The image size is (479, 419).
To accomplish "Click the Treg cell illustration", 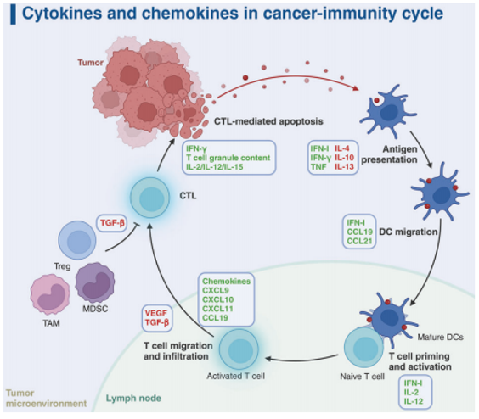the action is click(x=77, y=240).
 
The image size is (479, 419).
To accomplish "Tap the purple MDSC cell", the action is click(x=95, y=283).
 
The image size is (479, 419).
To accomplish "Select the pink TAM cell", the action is click(x=50, y=294).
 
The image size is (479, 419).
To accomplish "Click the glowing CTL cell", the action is click(x=149, y=198).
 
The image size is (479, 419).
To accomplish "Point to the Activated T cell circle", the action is click(x=239, y=349).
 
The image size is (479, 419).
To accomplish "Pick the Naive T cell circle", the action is click(x=363, y=348).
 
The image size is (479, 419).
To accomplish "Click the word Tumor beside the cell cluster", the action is click(x=90, y=63).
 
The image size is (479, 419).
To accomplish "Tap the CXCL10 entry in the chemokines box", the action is click(x=217, y=299).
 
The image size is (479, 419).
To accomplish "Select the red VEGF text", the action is click(x=155, y=313).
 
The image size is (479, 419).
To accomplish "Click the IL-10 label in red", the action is click(x=344, y=158).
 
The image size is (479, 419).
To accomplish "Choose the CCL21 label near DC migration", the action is click(x=359, y=241).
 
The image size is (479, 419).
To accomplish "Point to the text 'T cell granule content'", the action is click(x=228, y=158).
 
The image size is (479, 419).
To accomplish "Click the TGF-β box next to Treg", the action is click(x=112, y=223).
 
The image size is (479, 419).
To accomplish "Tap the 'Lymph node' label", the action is click(x=133, y=399).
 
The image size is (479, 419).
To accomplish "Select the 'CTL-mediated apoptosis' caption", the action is click(x=268, y=121).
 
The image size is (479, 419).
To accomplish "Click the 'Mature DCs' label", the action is click(x=440, y=337).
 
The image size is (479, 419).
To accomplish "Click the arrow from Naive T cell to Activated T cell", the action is click(x=302, y=360).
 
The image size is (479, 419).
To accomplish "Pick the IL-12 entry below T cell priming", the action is click(x=414, y=401).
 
